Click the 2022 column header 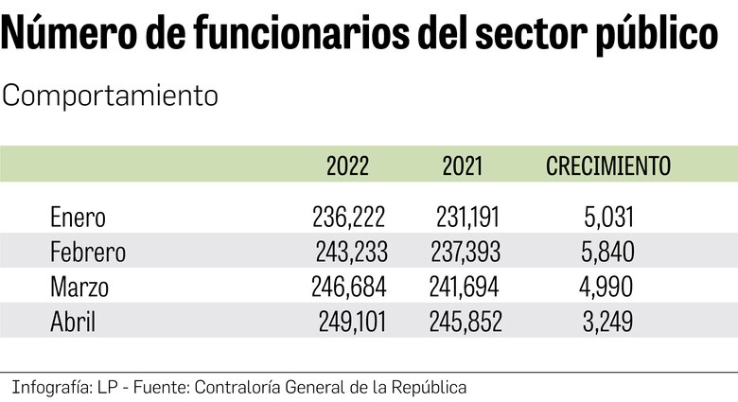click(x=348, y=166)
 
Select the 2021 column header click(x=463, y=166)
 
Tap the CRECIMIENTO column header click(x=608, y=166)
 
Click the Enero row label click(x=78, y=218)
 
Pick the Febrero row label click(x=87, y=253)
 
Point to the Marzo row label click(x=79, y=288)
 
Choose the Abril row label click(x=73, y=323)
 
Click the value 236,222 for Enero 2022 click(x=349, y=218)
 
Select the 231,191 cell click(x=467, y=218)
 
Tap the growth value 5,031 click(x=607, y=218)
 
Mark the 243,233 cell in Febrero click(x=351, y=253)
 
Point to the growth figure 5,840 click(x=607, y=253)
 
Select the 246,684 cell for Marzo click(x=349, y=288)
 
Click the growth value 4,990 click(x=607, y=288)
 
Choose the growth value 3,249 click(x=607, y=323)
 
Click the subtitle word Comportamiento click(x=111, y=96)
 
